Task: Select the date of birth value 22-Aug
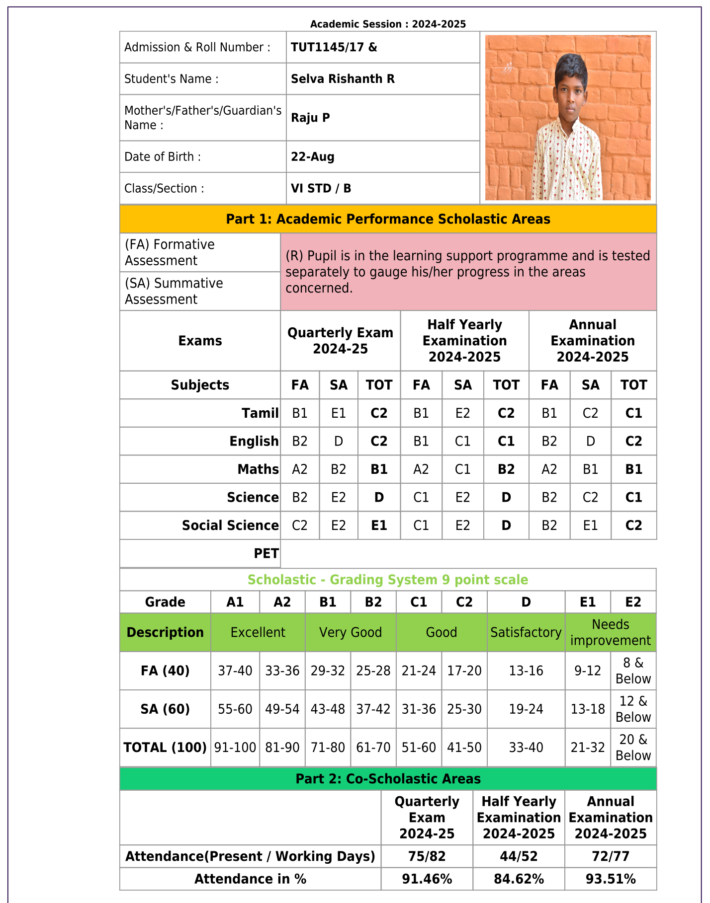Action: coord(312,157)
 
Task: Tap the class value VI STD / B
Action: coord(321,189)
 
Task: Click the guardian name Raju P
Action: coord(310,118)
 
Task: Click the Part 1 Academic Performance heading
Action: coord(388,219)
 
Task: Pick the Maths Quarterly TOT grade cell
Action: coord(379,469)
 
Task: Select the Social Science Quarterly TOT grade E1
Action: coord(379,526)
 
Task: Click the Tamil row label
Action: coord(260,413)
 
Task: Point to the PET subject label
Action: coord(266,554)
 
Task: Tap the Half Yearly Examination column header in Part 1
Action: coord(464,341)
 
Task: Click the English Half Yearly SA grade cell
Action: coord(462,442)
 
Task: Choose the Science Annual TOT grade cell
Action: coord(633,498)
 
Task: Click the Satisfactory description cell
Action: coord(526,632)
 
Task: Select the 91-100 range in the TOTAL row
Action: coord(235,748)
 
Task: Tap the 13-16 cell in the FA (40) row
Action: coord(526,671)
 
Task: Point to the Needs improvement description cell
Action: coord(610,632)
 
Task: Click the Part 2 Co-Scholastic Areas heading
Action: coord(388,779)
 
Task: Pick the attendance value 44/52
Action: coord(518,856)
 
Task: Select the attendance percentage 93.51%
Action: coord(610,879)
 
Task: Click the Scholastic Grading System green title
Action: coord(388,580)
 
